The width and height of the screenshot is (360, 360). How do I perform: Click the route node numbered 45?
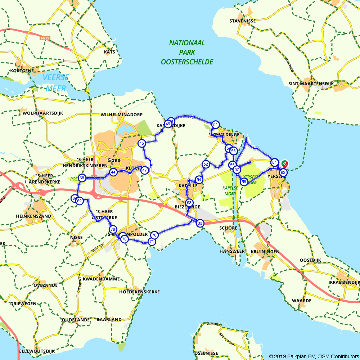coord(142,143)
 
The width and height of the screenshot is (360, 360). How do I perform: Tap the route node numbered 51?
coord(215,125)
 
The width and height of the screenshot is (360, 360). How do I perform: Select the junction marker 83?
coord(200,223)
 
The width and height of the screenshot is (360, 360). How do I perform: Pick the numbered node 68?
coord(82,178)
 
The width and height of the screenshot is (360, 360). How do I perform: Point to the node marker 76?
coord(113,229)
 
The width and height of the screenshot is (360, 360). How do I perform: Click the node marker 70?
coord(154,235)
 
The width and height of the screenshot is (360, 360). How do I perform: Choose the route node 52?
coord(206,164)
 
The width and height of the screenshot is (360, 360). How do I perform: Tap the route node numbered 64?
coord(275,162)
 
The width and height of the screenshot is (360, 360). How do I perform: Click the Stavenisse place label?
coord(243,21)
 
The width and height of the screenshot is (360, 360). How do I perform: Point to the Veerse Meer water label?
coord(55,83)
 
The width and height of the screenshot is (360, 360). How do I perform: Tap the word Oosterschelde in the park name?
coord(187,62)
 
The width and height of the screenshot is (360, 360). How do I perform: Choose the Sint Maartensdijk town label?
coord(311,84)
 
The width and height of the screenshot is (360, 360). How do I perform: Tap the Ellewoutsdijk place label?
coord(37,351)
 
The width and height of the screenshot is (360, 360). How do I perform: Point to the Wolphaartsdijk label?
coord(43,113)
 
